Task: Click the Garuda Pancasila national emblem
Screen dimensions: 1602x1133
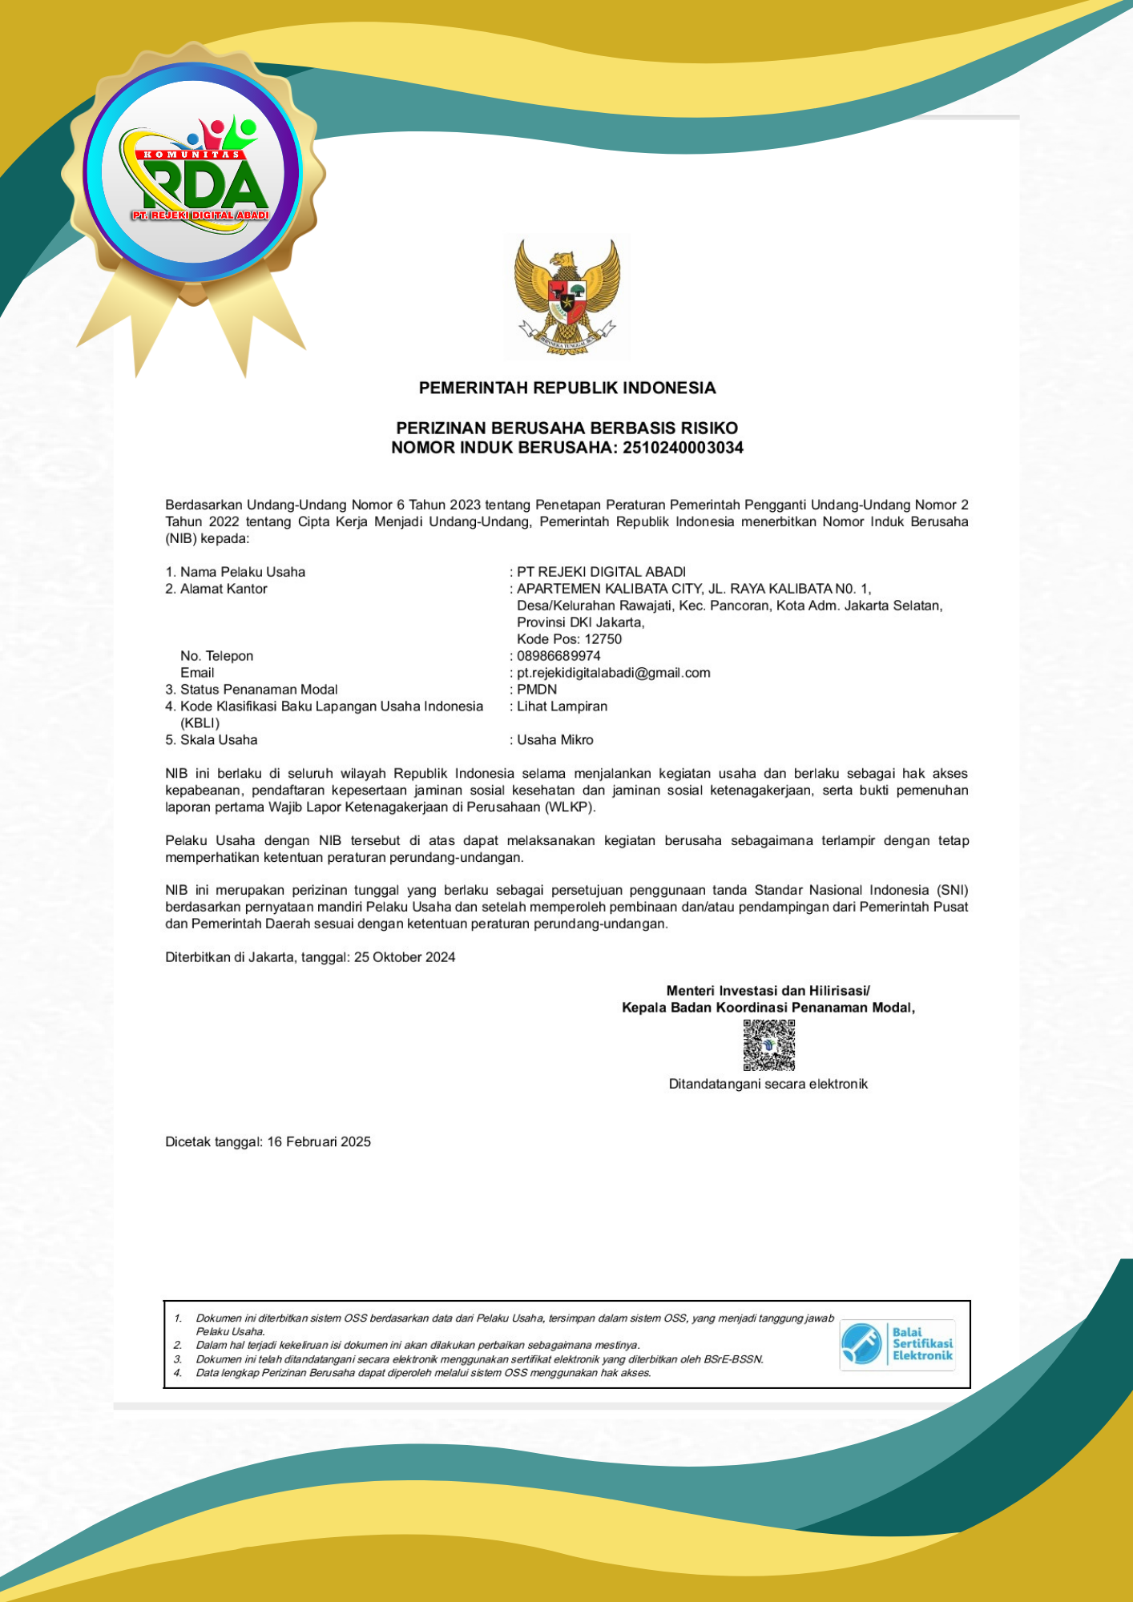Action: coord(567,297)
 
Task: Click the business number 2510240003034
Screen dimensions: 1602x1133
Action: coord(683,448)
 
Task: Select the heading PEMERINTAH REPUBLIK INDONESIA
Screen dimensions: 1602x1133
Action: coord(567,388)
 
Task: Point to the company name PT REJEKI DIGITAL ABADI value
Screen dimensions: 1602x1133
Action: coord(601,572)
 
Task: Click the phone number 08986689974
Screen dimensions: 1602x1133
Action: coord(558,656)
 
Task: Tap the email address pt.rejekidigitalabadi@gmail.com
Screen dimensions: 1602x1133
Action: coord(613,673)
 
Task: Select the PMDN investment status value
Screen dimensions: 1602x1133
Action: coord(537,690)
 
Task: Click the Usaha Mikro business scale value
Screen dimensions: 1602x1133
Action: coord(554,740)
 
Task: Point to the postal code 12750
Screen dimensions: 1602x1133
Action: coord(603,639)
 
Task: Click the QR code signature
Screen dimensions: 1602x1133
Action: coord(768,1045)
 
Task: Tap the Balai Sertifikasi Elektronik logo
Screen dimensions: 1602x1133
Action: coord(897,1344)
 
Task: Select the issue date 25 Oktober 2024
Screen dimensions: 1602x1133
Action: coord(405,957)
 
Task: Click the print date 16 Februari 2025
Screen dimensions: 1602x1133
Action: coord(319,1142)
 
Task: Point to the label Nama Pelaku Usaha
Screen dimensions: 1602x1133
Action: coord(242,572)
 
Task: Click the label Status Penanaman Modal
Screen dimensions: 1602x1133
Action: coord(258,690)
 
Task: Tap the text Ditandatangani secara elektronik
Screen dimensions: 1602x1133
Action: coord(768,1085)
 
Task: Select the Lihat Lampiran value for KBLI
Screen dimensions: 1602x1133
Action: coord(562,706)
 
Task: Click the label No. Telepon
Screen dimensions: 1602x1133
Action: coord(216,656)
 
